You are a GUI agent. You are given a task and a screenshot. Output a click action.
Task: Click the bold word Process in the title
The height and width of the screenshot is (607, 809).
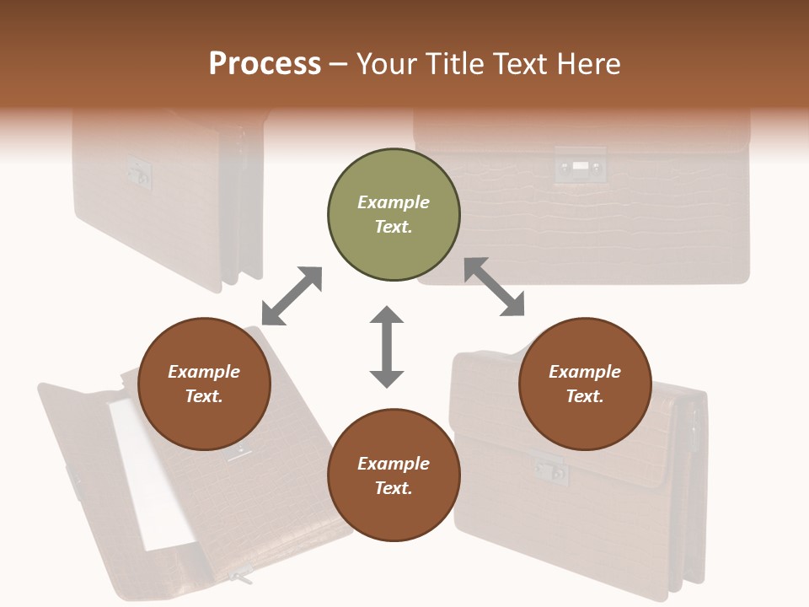pos(265,64)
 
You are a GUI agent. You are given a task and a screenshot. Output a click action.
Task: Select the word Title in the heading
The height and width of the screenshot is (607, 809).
pos(453,64)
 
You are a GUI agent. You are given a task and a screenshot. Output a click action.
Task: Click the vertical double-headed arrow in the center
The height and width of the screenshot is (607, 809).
pos(387,346)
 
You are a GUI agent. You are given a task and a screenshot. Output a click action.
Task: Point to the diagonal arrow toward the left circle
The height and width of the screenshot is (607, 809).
pos(292,296)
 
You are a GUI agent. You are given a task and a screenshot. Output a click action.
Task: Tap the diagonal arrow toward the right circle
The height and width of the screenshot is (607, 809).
pos(495,287)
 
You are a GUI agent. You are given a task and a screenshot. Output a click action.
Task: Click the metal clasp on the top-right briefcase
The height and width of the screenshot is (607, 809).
pos(580,166)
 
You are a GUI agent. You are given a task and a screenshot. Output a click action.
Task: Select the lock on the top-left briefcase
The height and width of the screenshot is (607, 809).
pos(137,172)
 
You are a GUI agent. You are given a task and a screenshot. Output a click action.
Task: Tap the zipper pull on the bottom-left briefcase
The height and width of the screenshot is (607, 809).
pos(241,578)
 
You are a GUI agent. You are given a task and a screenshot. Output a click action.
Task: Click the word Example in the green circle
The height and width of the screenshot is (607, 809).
pos(394,202)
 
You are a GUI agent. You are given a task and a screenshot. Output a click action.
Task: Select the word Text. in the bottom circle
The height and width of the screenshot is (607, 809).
pos(394,488)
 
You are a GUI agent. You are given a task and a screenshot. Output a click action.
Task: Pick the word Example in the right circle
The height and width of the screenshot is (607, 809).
pos(585,372)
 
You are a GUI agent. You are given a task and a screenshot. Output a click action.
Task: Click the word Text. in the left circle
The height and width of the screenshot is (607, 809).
pos(204,396)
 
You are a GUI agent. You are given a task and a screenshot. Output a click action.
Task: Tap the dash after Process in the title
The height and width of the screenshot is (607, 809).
pos(339,65)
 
